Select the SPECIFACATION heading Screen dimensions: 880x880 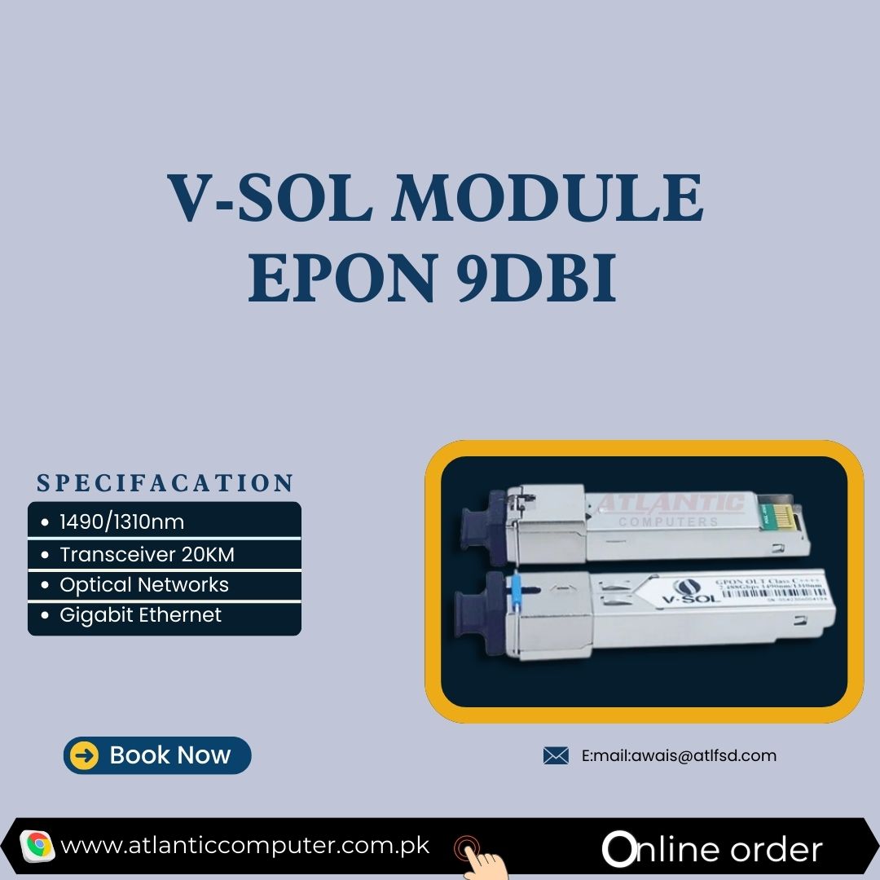[165, 483]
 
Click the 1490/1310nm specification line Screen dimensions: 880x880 [122, 521]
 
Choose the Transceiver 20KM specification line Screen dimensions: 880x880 [147, 555]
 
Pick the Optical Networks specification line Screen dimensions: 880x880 [144, 585]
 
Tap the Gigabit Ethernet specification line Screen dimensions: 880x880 [141, 615]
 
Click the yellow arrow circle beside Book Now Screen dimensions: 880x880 [85, 755]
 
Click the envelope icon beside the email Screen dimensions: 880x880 [556, 756]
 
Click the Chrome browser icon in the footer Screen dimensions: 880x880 [37, 846]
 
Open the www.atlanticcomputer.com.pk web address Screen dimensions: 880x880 [244, 846]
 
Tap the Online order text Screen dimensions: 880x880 [713, 849]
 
